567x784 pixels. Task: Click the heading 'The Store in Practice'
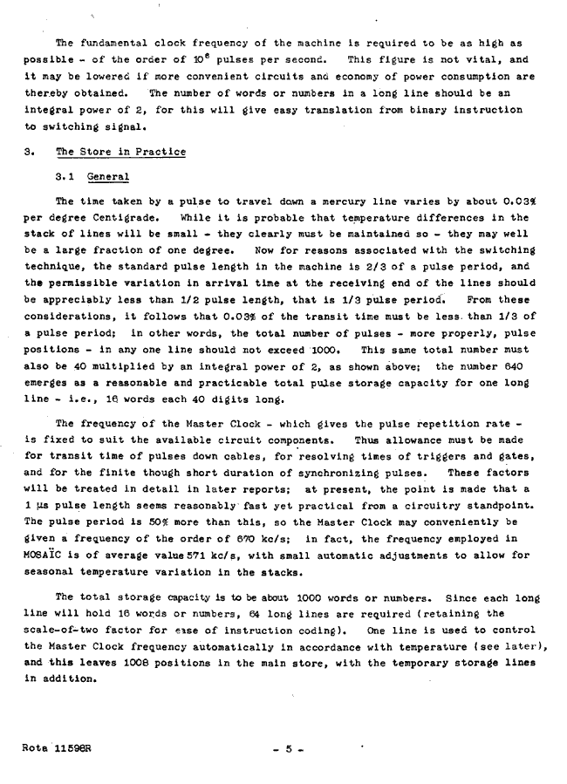coord(120,152)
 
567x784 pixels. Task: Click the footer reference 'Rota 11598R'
coord(58,747)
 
